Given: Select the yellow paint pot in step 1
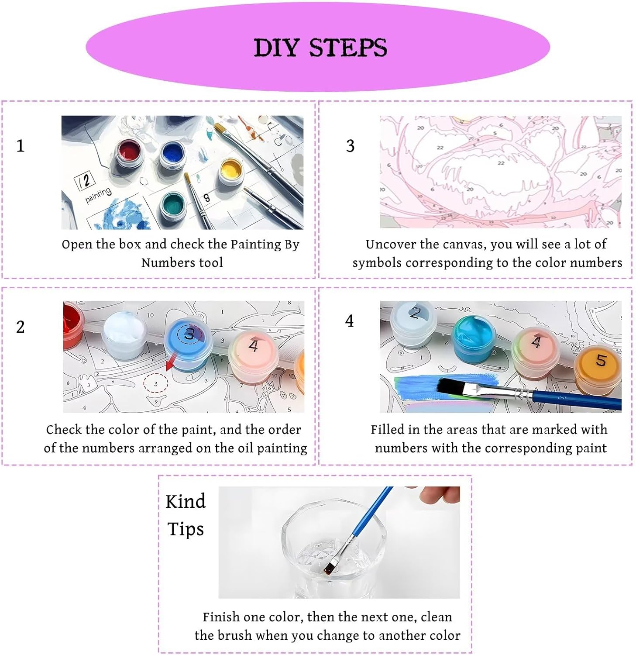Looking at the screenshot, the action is coord(230,171).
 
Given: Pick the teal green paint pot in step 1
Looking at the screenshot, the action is coord(173,205).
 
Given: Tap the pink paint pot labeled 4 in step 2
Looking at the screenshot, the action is coord(253,356).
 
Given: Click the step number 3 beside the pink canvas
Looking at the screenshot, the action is coord(350,146).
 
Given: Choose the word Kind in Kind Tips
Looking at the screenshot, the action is coord(186,501).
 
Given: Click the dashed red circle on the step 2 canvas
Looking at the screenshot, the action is coord(156,384).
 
